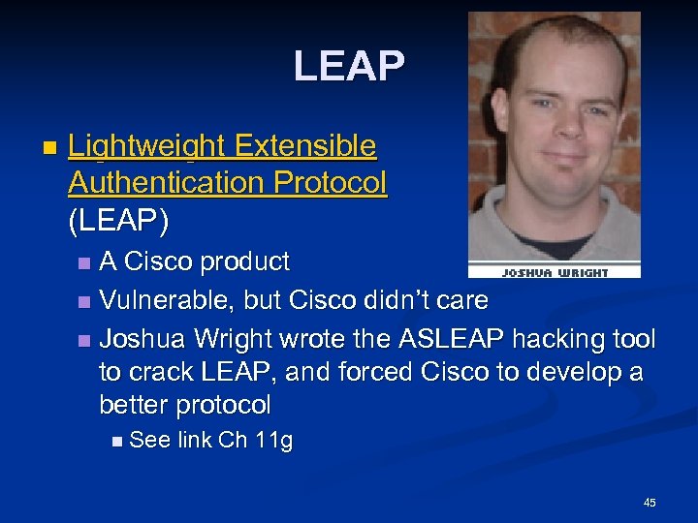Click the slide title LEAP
[x=349, y=66]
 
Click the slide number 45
[x=650, y=503]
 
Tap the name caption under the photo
[x=555, y=272]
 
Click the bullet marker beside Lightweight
[x=49, y=148]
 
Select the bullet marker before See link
[x=117, y=442]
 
